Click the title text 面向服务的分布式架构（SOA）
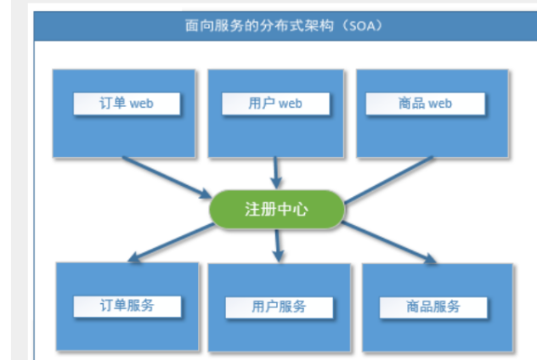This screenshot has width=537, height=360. [x=284, y=25]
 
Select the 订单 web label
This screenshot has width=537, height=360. [x=127, y=104]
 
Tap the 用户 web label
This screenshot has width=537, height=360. [x=275, y=104]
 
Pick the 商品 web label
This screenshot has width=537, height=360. [x=425, y=104]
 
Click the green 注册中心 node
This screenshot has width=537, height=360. [x=276, y=210]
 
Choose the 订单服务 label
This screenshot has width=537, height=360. [x=127, y=306]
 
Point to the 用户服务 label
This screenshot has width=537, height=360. [x=279, y=307]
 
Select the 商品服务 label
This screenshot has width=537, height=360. [x=433, y=307]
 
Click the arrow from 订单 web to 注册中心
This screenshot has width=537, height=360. [x=166, y=177]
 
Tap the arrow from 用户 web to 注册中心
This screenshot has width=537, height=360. [x=275, y=172]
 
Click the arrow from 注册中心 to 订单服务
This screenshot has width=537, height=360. [x=170, y=242]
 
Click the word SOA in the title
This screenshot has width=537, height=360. [x=359, y=25]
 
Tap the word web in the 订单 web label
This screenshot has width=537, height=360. [x=141, y=104]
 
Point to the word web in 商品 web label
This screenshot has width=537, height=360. [x=440, y=104]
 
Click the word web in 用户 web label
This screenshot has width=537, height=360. [x=290, y=104]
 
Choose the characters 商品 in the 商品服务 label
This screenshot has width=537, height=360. [x=419, y=307]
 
